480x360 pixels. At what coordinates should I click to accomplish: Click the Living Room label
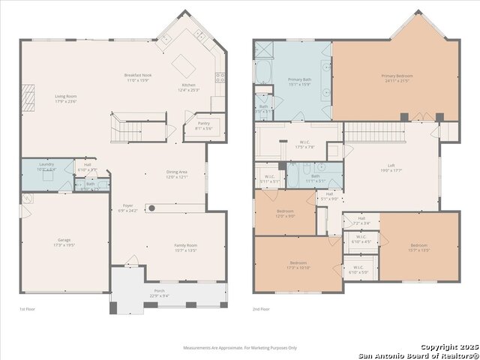[66, 98]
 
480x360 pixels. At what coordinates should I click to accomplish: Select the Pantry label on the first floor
[203, 125]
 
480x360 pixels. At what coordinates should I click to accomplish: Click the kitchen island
[183, 66]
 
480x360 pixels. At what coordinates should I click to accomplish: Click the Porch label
[158, 292]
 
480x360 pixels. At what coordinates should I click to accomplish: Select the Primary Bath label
[300, 80]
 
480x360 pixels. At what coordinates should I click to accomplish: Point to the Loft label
[391, 167]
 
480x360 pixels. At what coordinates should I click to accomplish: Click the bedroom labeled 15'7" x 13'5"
[420, 247]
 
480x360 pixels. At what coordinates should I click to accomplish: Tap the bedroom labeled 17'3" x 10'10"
[298, 265]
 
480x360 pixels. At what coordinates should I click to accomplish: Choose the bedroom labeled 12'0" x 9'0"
[285, 213]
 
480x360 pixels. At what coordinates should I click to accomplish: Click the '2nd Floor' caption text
[262, 309]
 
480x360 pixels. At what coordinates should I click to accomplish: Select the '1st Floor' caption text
[27, 309]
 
